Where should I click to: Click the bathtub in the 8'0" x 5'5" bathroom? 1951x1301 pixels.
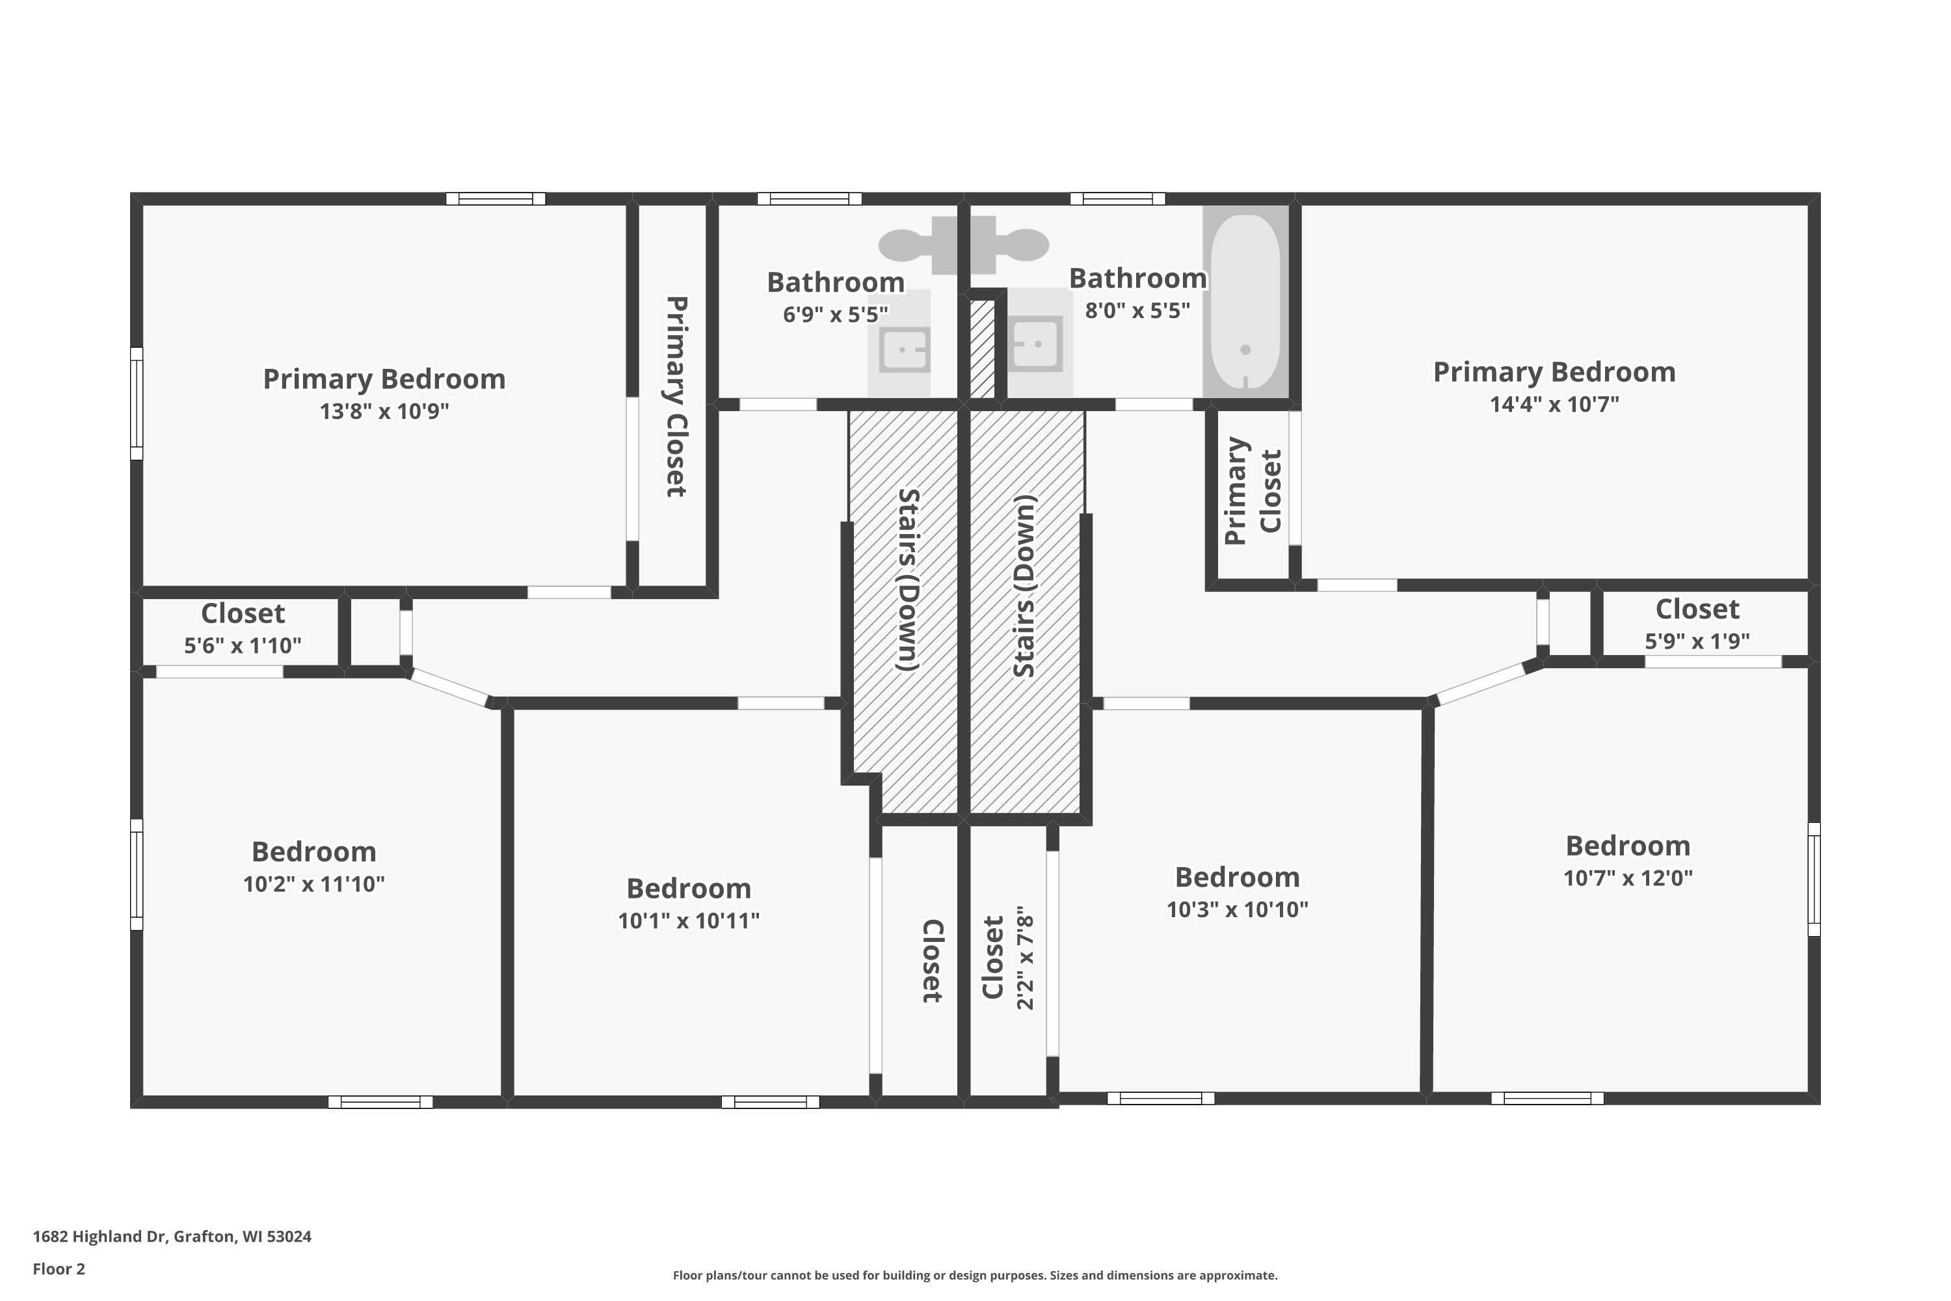[x=1245, y=302]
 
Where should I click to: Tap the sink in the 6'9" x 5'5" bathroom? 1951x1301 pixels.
[x=904, y=349]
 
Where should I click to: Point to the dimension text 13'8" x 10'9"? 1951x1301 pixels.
[x=384, y=410]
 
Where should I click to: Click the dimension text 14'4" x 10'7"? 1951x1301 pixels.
[x=1554, y=404]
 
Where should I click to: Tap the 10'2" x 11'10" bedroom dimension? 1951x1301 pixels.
[x=313, y=883]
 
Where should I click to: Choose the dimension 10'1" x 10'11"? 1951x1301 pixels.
[x=689, y=920]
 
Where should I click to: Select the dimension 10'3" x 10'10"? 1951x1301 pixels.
[x=1237, y=909]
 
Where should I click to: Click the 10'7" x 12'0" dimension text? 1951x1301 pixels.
[x=1628, y=877]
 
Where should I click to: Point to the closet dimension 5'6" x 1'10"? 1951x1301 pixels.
[x=242, y=645]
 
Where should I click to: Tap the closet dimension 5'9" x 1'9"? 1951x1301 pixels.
[x=1697, y=641]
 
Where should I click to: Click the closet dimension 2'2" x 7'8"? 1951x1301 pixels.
[x=1026, y=958]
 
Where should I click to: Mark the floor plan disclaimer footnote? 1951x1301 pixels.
[x=975, y=1275]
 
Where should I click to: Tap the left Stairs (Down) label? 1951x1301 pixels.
[x=909, y=580]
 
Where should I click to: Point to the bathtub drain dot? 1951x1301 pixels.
[x=1245, y=350]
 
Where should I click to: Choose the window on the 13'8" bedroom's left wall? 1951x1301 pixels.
[x=137, y=403]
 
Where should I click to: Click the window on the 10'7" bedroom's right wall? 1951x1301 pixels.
[x=1814, y=879]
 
